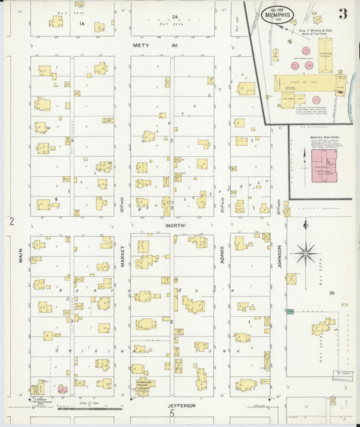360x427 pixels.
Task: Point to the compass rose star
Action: [x=306, y=253]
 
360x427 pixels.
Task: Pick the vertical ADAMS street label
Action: [x=222, y=257]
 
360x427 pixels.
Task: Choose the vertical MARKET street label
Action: [x=122, y=257]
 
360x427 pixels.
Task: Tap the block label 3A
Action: [x=332, y=293]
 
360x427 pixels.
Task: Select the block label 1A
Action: [x=82, y=24]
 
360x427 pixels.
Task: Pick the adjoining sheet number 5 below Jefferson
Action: [x=172, y=414]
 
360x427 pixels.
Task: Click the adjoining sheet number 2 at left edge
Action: [x=11, y=221]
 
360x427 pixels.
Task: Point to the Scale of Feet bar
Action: [x=89, y=408]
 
